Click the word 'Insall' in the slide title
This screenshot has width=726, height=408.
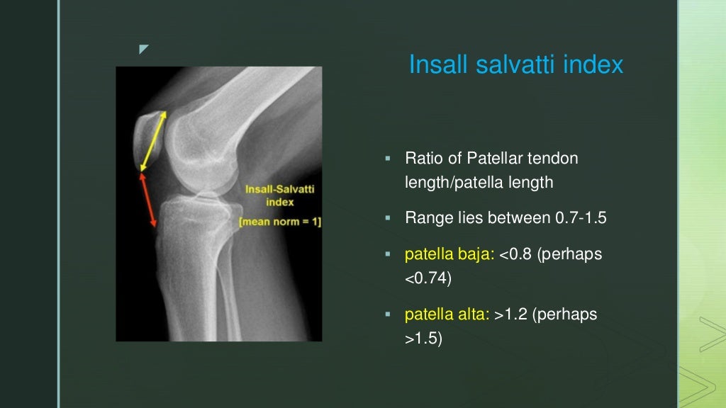432,65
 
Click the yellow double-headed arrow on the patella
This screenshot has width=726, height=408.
155,140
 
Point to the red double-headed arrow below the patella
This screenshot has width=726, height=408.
148,201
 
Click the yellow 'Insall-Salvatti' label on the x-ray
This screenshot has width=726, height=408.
279,189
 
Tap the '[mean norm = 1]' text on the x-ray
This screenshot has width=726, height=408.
279,222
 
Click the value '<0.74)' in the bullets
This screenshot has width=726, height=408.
428,278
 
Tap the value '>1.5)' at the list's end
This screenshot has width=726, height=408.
423,339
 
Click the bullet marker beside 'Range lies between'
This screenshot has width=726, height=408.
388,217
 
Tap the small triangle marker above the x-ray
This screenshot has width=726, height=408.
144,50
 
